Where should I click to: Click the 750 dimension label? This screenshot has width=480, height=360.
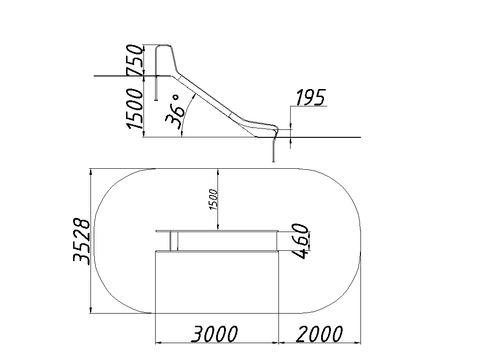tap(135, 60)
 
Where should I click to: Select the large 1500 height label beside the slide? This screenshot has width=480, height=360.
tap(135, 109)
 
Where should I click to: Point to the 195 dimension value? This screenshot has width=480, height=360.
tap(311, 97)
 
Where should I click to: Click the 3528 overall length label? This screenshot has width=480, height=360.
tap(82, 241)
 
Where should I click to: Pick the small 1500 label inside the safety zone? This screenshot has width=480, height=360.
tap(213, 200)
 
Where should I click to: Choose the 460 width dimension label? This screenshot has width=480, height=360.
tap(300, 241)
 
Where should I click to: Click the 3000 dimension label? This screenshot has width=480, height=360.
tap(214, 334)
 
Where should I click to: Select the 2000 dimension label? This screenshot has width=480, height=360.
tap(319, 334)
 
